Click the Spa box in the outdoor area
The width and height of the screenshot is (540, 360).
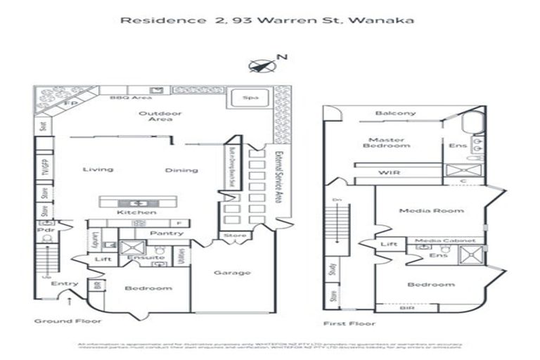point(249,98)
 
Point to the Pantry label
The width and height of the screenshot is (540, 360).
point(167,233)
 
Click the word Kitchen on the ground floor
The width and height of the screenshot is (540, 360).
point(136,212)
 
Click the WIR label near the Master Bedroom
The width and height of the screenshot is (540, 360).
point(389,172)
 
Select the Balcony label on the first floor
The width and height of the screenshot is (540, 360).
point(395,113)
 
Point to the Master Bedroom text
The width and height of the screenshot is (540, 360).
point(387,141)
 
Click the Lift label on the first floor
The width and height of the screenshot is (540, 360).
point(388,244)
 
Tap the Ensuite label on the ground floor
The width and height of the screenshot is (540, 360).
point(146,257)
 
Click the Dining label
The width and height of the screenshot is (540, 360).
point(181,170)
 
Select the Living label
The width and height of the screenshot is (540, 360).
point(98,169)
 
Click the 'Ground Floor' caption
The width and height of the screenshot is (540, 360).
point(68,321)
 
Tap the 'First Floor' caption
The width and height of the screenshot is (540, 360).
point(349,323)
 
